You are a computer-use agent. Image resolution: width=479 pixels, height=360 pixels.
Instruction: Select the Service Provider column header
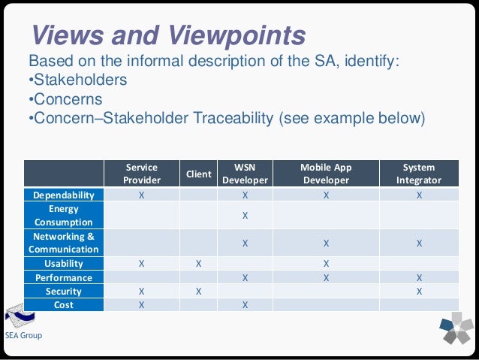[142, 174]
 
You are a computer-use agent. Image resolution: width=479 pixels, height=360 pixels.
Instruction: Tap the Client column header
[198, 174]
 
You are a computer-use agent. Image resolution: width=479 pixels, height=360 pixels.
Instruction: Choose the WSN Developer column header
[245, 174]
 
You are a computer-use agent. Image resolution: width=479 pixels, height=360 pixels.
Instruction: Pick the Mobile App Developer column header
[326, 174]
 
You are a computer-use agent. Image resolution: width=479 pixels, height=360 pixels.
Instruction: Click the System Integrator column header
[419, 174]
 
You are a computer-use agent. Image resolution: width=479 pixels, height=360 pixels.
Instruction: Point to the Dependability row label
[63, 195]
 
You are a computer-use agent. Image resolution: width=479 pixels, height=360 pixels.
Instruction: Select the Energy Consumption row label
[63, 216]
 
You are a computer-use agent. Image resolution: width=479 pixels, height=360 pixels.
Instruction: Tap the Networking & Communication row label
[63, 243]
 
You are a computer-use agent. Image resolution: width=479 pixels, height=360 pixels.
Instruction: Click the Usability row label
[63, 264]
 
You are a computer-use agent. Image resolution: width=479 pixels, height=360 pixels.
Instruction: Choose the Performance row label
[63, 277]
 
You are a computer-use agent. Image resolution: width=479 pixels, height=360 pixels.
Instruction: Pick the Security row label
[63, 291]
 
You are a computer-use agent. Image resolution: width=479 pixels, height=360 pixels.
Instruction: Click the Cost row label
[63, 304]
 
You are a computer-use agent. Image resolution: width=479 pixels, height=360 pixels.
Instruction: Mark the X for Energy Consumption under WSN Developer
[245, 216]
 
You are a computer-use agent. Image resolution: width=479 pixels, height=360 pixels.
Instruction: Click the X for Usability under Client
[198, 264]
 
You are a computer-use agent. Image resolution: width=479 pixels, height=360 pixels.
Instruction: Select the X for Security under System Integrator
[419, 291]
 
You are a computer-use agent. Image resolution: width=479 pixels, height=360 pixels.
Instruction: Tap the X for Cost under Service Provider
[142, 304]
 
